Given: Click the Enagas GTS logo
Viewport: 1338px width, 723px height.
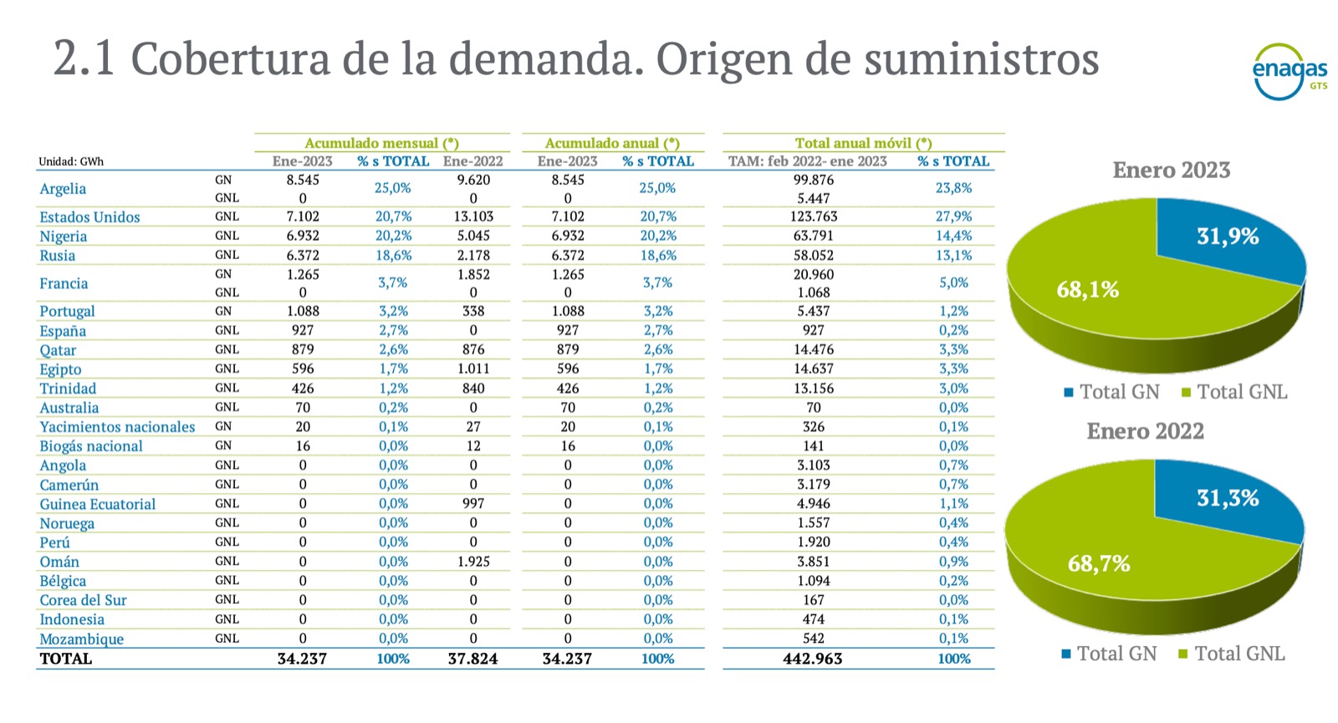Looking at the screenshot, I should [x=1289, y=72].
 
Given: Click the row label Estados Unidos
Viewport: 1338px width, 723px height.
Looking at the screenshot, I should [x=89, y=217].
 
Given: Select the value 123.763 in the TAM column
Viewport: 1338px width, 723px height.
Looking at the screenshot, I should [x=813, y=216].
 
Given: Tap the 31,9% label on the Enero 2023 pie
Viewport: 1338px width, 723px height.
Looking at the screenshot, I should [x=1227, y=237].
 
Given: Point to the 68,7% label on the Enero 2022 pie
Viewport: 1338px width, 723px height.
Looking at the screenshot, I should [x=1098, y=563].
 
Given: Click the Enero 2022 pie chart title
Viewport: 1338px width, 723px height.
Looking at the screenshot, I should [x=1145, y=431].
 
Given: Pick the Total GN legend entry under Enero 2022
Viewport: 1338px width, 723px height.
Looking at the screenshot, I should [x=1109, y=654].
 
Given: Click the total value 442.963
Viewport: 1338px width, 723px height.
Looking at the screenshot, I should [x=812, y=659].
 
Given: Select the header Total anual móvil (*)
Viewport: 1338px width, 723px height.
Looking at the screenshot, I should [x=863, y=143].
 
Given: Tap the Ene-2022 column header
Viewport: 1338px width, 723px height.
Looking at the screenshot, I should [x=472, y=161].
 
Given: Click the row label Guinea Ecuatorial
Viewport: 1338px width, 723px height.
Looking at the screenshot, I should [x=97, y=504].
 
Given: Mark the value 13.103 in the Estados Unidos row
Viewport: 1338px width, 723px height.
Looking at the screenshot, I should [x=473, y=216].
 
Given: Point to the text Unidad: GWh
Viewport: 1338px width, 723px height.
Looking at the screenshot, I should [x=71, y=162].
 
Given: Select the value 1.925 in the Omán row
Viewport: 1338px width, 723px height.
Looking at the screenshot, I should [x=473, y=562].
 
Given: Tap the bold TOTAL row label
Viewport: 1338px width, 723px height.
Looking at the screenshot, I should [x=66, y=659].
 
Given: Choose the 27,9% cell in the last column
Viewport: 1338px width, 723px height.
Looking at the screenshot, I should [x=953, y=216].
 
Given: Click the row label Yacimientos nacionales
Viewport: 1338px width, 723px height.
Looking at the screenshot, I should [x=117, y=427].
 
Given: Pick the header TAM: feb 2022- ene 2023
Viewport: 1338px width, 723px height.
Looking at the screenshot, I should [x=807, y=161].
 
